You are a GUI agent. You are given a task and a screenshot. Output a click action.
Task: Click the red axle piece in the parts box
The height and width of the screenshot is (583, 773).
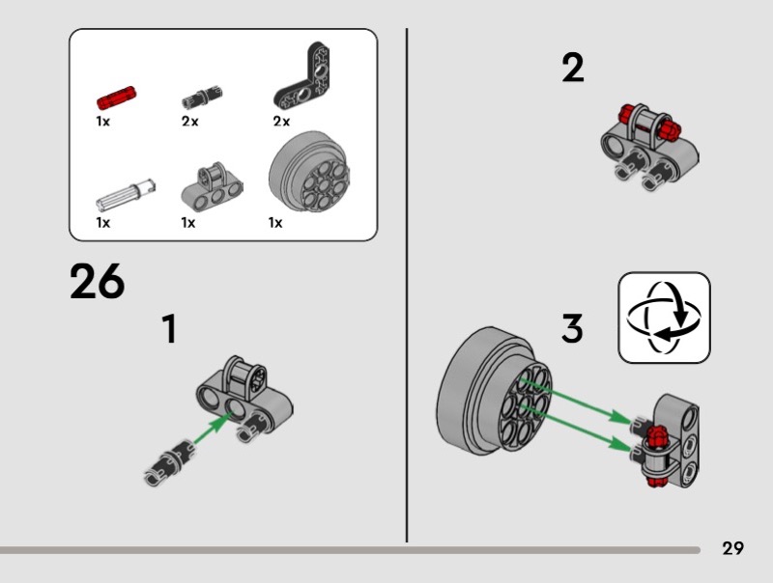(x=116, y=97)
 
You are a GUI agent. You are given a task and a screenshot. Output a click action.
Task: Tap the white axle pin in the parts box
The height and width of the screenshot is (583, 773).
(x=126, y=195)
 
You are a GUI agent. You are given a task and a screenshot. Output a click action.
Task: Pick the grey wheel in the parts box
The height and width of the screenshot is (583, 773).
(x=309, y=172)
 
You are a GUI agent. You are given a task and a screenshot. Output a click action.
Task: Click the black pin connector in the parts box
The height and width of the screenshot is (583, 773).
(x=202, y=97)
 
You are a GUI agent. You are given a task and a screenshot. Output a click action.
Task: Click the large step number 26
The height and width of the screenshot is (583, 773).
(x=98, y=281)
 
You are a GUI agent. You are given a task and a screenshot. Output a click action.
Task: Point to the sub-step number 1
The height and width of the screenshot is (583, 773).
(x=169, y=329)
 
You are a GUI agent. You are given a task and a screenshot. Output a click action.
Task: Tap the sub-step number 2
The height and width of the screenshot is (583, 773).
(x=573, y=68)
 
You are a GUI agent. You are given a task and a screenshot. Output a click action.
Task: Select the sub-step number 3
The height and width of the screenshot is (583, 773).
(x=572, y=328)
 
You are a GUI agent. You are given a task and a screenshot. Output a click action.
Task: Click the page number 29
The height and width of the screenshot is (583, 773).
(x=733, y=548)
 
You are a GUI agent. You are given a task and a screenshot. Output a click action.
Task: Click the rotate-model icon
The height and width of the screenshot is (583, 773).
(x=664, y=318)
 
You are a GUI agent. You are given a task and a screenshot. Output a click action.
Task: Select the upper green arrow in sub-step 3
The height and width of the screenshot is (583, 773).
(x=576, y=400)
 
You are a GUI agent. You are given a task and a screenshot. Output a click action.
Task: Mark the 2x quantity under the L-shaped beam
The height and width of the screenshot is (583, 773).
(x=281, y=121)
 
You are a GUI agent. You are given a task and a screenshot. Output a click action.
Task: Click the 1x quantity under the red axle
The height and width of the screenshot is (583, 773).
(x=103, y=121)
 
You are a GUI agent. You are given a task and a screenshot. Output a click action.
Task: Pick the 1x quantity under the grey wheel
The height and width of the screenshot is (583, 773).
(x=275, y=223)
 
